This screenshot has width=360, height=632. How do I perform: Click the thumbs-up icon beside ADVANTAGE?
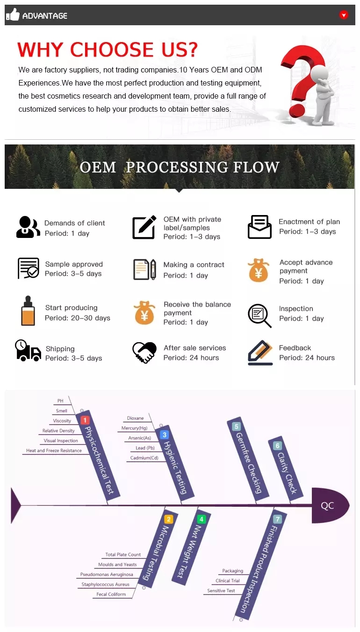13,15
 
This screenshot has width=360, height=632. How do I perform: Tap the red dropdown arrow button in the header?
344,15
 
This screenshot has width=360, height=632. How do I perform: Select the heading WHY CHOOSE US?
108,50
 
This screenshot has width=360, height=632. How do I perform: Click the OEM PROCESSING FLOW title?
180,167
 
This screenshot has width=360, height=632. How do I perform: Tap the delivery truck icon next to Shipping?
28,351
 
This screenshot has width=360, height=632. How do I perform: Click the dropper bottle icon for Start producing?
28,311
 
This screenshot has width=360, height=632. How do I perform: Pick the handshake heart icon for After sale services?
144,352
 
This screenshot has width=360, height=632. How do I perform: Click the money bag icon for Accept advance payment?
259,271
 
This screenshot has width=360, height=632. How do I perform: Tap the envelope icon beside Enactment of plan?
259,227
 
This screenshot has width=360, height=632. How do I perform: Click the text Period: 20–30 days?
78,318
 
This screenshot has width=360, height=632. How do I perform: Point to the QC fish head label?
328,505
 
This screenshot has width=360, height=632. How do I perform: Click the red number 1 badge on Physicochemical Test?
85,420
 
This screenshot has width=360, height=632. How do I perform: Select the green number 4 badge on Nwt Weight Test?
201,519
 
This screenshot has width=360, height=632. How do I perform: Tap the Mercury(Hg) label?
135,428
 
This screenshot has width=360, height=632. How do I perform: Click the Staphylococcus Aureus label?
105,584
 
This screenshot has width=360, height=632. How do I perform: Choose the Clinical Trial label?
228,581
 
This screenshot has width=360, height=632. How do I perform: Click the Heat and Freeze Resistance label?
54,451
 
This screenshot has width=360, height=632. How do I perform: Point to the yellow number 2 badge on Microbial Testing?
169,519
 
